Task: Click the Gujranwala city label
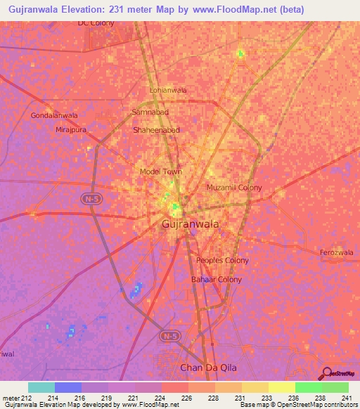click(190, 224)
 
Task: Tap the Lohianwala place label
click(168, 91)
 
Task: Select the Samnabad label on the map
click(150, 112)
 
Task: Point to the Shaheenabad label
click(156, 131)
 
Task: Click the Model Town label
click(161, 171)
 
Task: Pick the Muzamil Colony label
click(234, 188)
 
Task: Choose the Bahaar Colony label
click(217, 280)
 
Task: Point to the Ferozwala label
click(339, 251)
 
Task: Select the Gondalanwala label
click(54, 115)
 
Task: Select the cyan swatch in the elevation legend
click(41, 387)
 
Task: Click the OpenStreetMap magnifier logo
click(327, 374)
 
